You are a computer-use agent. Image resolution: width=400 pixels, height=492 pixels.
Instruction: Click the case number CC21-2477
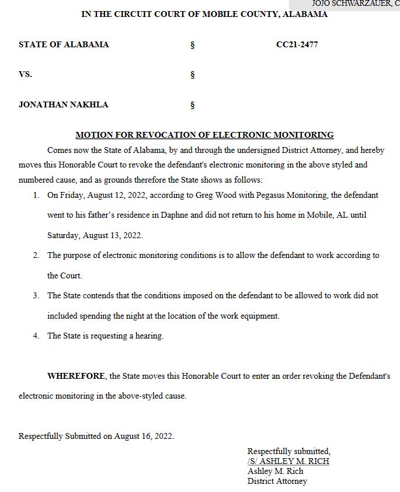[x=297, y=44]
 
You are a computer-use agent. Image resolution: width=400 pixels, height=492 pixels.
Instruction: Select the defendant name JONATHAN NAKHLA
[x=63, y=104]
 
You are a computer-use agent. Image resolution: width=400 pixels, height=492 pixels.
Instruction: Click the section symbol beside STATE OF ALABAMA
[x=192, y=45]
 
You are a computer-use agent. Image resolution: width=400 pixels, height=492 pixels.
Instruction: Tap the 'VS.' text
[x=25, y=75]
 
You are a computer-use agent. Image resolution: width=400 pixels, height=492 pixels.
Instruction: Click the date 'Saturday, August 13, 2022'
[x=95, y=235]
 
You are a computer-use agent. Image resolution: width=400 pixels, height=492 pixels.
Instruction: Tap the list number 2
[x=36, y=256]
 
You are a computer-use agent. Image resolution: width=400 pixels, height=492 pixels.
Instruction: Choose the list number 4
[x=36, y=336]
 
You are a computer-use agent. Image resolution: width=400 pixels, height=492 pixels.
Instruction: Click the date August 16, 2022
[x=144, y=436]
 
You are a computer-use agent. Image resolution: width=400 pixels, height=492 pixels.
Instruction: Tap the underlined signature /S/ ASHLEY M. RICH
[x=288, y=461]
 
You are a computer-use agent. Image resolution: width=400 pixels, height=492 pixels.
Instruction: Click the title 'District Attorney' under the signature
[x=277, y=481]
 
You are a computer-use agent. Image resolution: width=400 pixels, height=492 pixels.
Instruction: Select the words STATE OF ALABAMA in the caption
[x=64, y=44]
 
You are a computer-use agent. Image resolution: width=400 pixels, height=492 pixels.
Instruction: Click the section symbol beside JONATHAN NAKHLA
[x=192, y=105]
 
